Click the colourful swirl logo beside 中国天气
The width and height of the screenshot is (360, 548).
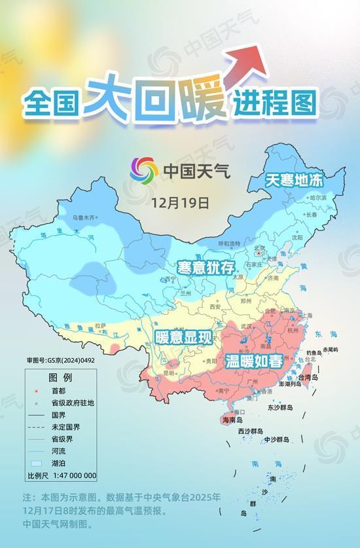point(144,171)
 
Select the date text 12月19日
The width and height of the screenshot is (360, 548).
point(179,202)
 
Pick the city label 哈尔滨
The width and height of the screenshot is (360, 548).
point(317,197)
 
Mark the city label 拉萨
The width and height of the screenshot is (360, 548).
point(100,325)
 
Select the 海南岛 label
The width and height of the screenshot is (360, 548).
point(232,420)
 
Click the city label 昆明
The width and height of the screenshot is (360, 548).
point(170,373)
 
